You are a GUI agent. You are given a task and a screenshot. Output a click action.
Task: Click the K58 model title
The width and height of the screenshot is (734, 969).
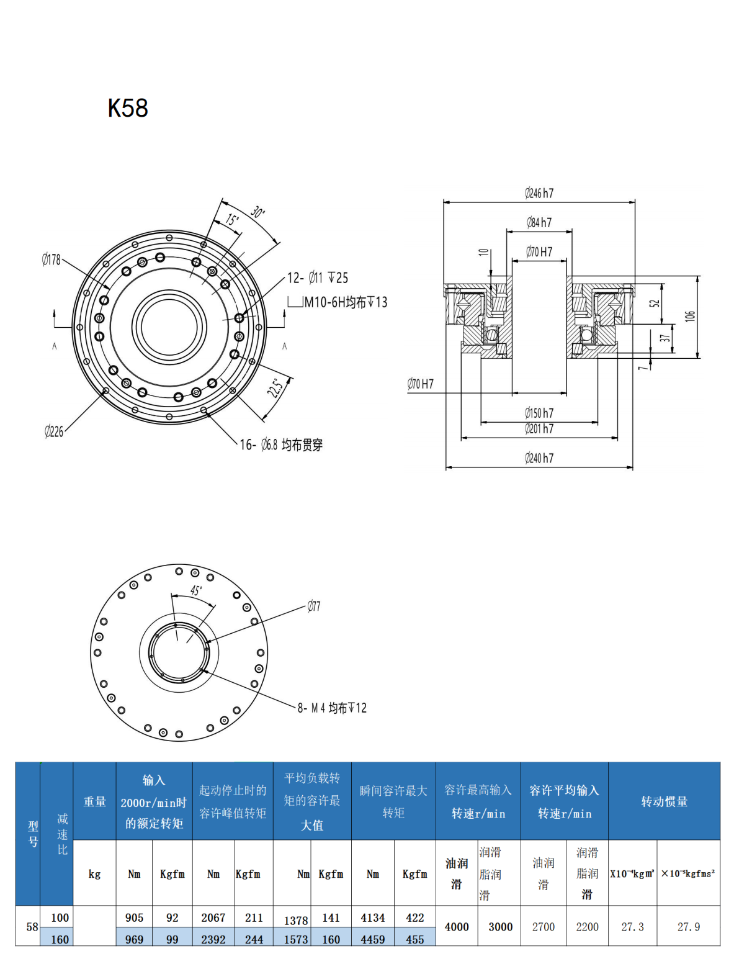tap(128, 108)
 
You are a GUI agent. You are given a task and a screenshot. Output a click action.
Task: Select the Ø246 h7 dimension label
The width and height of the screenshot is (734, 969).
tap(539, 193)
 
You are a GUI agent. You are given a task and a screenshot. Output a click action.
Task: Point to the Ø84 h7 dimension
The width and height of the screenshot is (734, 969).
tap(539, 222)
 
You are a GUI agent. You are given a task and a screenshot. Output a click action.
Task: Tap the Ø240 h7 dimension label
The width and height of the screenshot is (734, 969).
tap(539, 458)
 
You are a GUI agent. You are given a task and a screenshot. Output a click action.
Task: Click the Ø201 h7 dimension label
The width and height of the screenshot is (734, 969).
tap(539, 428)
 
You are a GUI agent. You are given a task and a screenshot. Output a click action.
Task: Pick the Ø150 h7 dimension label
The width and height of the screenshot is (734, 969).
tap(539, 413)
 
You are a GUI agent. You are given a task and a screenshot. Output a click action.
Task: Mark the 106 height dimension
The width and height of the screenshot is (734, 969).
tap(690, 316)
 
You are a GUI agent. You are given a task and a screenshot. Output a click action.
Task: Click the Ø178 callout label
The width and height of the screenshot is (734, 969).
tap(51, 259)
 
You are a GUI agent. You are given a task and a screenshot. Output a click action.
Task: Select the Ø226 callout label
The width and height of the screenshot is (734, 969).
tap(54, 431)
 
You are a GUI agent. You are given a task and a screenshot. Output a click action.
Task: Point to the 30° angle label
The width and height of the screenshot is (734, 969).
tap(258, 212)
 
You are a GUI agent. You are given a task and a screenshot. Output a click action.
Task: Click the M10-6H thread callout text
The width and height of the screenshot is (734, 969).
tap(345, 302)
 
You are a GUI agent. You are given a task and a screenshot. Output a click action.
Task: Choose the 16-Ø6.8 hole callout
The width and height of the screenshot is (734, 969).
tap(281, 444)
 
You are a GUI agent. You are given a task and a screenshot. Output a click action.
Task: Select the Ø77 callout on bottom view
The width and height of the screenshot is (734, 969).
tap(314, 606)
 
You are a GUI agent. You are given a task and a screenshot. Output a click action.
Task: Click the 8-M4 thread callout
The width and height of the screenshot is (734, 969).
tap(332, 708)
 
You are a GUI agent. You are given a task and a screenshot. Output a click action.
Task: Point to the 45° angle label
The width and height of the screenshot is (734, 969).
tap(196, 590)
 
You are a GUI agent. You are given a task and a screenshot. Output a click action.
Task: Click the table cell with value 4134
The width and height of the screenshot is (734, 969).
tap(372, 917)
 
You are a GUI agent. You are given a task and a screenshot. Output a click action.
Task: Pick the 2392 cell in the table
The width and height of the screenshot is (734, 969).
tap(213, 939)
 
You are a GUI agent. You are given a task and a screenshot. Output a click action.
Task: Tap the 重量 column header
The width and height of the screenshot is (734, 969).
tap(95, 801)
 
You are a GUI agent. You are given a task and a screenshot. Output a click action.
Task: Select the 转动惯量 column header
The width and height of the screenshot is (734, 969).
tap(664, 801)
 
